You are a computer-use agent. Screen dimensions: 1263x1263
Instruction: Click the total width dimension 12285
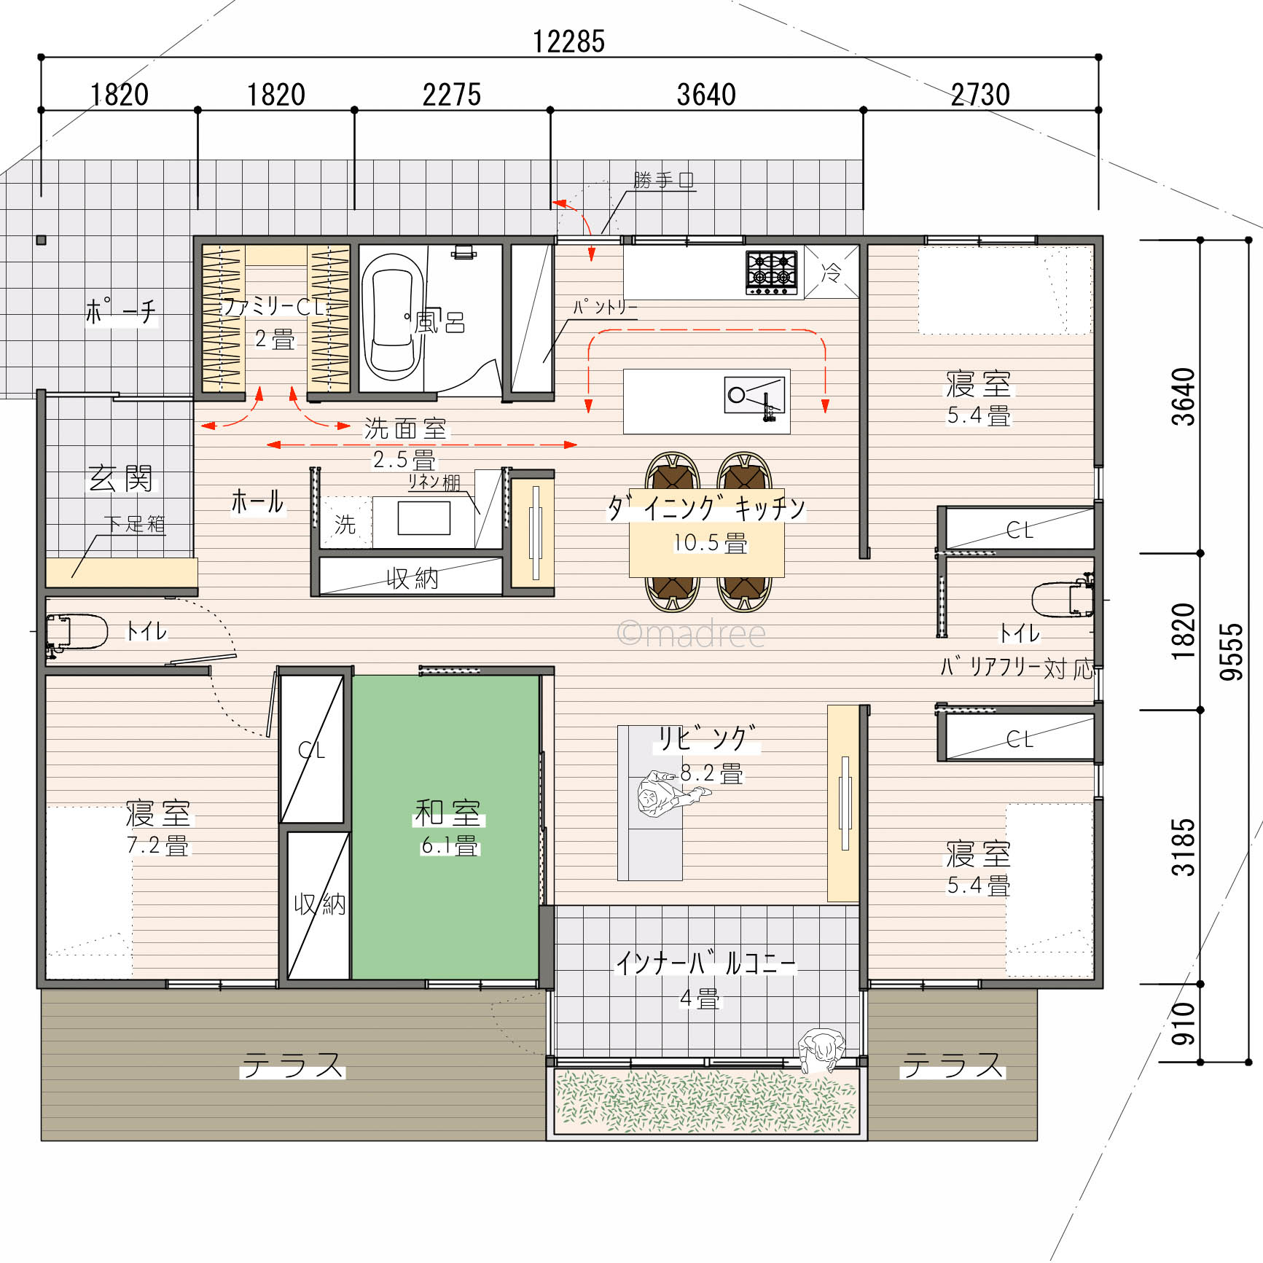(x=568, y=42)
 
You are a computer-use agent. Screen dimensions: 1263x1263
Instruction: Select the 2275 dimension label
(x=452, y=95)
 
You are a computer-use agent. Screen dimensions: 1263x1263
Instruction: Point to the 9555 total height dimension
(x=1231, y=652)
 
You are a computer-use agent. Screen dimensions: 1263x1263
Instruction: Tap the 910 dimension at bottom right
(x=1184, y=1023)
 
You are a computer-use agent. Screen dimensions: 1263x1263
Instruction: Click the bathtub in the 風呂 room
(x=393, y=316)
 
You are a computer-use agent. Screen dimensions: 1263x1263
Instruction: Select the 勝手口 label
(x=663, y=179)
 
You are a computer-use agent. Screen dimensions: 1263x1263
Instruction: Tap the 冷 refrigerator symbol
(x=832, y=272)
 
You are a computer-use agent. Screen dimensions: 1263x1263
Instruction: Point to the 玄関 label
(x=121, y=478)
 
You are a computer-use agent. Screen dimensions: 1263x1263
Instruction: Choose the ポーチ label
(x=121, y=311)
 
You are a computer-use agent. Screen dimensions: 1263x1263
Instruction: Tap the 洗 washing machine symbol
(x=345, y=523)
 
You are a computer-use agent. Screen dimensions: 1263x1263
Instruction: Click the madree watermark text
(x=691, y=633)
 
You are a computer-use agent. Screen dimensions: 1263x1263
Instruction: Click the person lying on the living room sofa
(x=668, y=794)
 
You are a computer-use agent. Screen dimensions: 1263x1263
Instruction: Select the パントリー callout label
(x=605, y=307)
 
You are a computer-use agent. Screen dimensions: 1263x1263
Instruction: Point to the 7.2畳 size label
(x=157, y=845)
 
